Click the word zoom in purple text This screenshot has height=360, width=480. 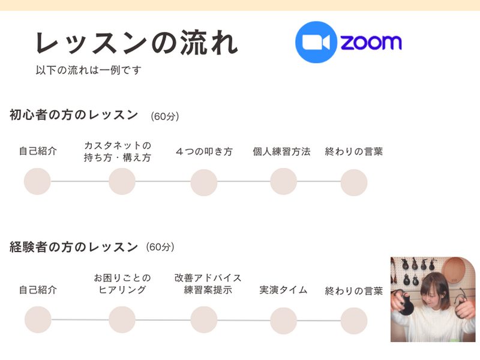tap(371, 43)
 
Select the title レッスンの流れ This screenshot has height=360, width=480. tap(137, 43)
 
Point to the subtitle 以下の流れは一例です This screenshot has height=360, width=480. tap(88, 70)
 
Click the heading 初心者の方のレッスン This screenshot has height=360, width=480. tap(74, 115)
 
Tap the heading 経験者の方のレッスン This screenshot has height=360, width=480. tap(74, 247)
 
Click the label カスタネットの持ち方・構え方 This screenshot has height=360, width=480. tap(118, 152)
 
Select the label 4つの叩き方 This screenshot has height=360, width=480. tap(204, 152)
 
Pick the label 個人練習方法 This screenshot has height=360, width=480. tap(281, 152)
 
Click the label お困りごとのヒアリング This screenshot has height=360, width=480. tap(122, 284)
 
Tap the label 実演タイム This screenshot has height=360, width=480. tap(283, 290)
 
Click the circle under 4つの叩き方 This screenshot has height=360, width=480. tap(204, 182)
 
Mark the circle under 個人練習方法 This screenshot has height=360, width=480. tap(284, 181)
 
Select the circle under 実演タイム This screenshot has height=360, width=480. tap(284, 320)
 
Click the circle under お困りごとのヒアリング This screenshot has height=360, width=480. tap(122, 319)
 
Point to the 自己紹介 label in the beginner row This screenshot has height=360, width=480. tap(38, 152)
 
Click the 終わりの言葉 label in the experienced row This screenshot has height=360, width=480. tap(354, 291)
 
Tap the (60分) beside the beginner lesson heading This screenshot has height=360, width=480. tap(165, 116)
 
